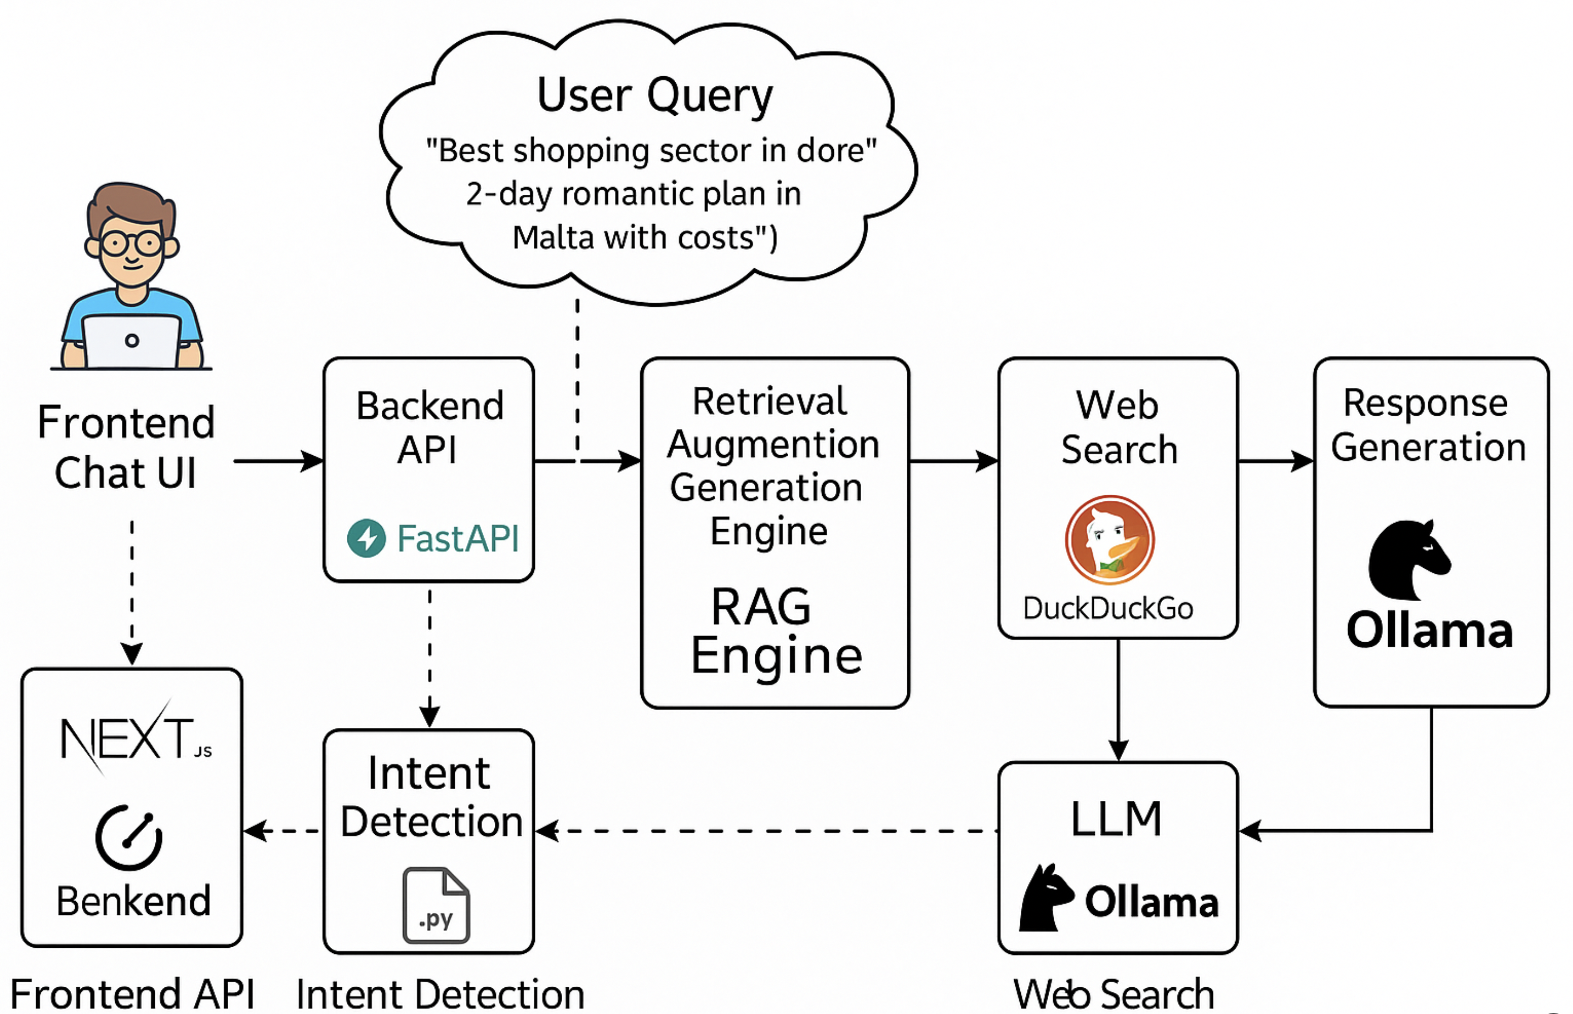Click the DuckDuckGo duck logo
click(1109, 540)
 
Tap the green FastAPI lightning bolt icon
click(366, 538)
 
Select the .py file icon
click(436, 905)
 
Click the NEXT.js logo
click(135, 738)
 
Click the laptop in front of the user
click(132, 341)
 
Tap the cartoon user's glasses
click(132, 244)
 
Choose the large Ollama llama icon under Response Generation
click(1408, 560)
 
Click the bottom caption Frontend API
click(132, 995)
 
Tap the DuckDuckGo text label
click(1108, 608)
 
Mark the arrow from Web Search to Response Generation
click(1275, 461)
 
